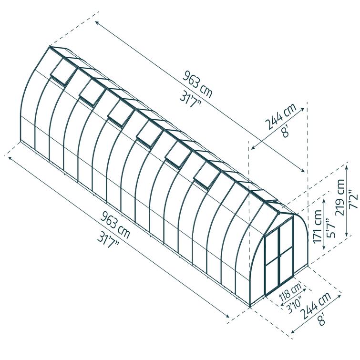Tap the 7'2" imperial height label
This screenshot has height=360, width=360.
click(353, 199)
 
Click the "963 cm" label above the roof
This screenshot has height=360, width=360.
click(198, 84)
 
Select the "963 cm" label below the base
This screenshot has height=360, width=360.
click(115, 225)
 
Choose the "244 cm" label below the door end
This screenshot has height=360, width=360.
click(316, 305)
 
